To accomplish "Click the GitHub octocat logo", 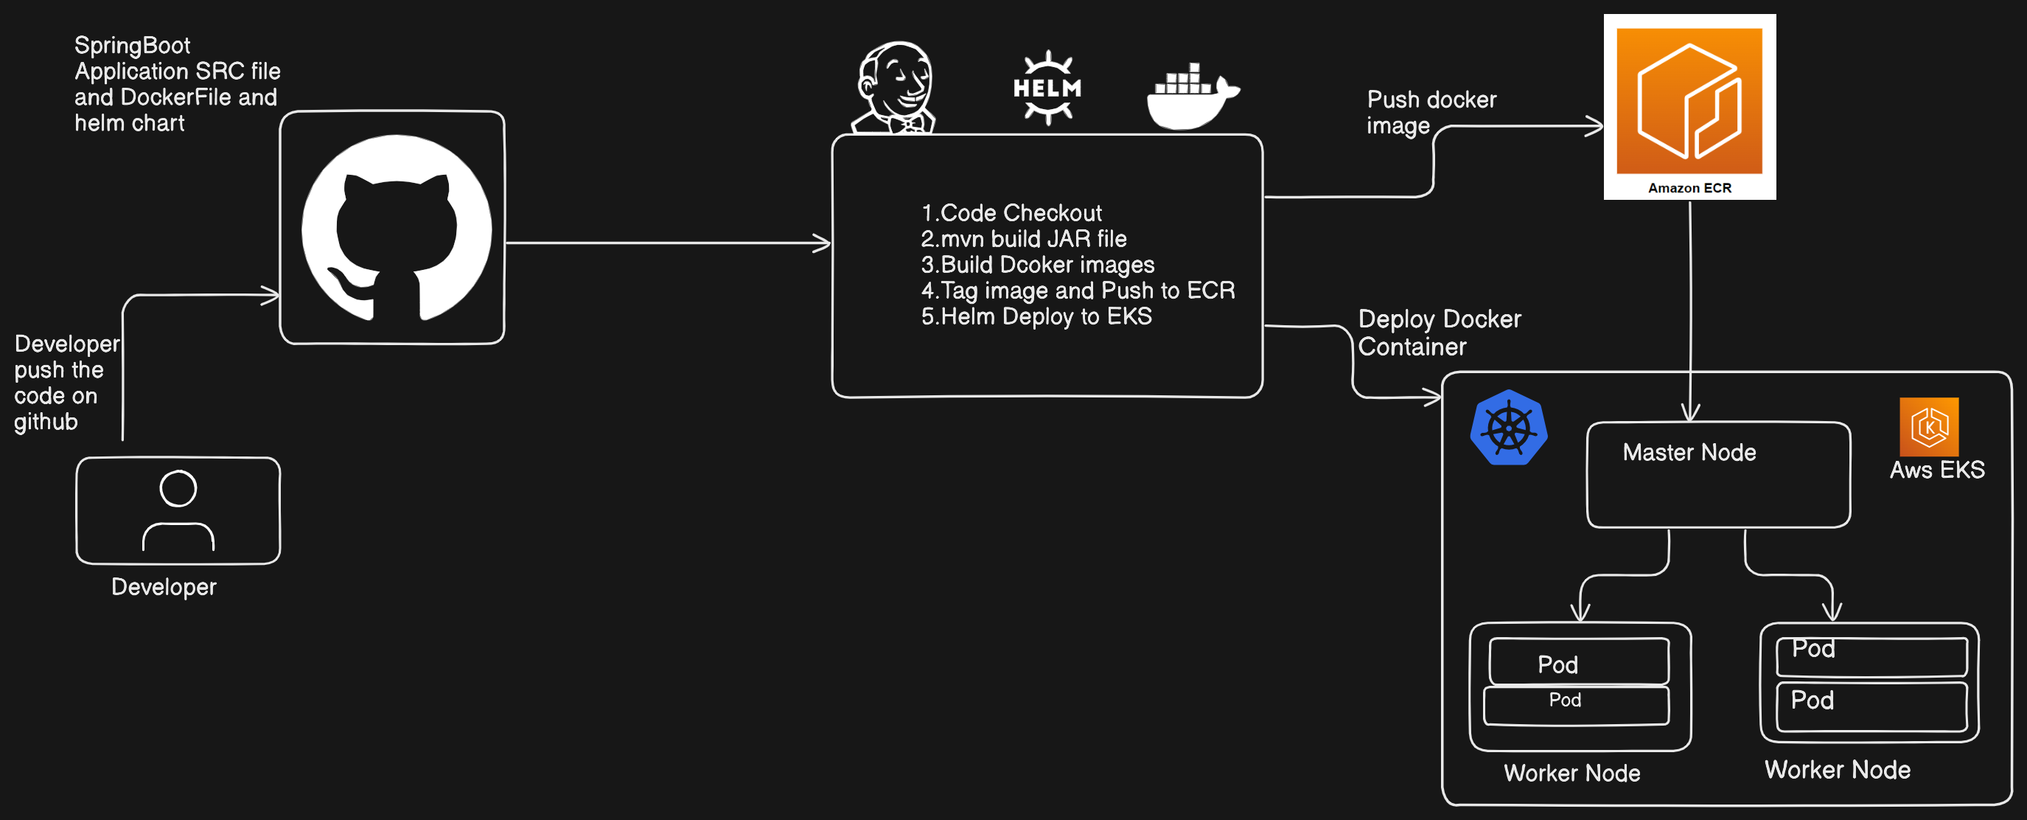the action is pyautogui.click(x=397, y=227).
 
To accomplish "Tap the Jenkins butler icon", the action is pyautogui.click(x=895, y=87).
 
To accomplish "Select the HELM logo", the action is pyautogui.click(x=1047, y=87).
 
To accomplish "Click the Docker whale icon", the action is pyautogui.click(x=1192, y=96).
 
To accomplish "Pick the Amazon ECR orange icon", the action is pyautogui.click(x=1689, y=101).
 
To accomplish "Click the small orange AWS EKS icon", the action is pyautogui.click(x=1929, y=426).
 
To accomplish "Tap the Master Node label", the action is pyautogui.click(x=1689, y=453).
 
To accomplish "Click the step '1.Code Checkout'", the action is pyautogui.click(x=1011, y=212).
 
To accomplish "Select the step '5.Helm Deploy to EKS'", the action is pyautogui.click(x=1036, y=316).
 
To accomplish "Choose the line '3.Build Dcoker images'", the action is pyautogui.click(x=1038, y=265).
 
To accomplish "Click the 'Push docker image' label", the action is pyautogui.click(x=1431, y=113).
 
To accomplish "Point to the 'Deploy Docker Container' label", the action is pyautogui.click(x=1440, y=333).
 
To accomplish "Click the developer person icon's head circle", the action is pyautogui.click(x=178, y=489).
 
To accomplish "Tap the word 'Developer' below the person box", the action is pyautogui.click(x=164, y=587).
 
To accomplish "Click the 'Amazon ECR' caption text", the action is pyautogui.click(x=1689, y=188).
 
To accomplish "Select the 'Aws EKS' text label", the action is pyautogui.click(x=1936, y=470).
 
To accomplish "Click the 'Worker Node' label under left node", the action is pyautogui.click(x=1571, y=773).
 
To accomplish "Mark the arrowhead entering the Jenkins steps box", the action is pyautogui.click(x=823, y=243).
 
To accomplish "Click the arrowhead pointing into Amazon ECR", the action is pyautogui.click(x=1595, y=126).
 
